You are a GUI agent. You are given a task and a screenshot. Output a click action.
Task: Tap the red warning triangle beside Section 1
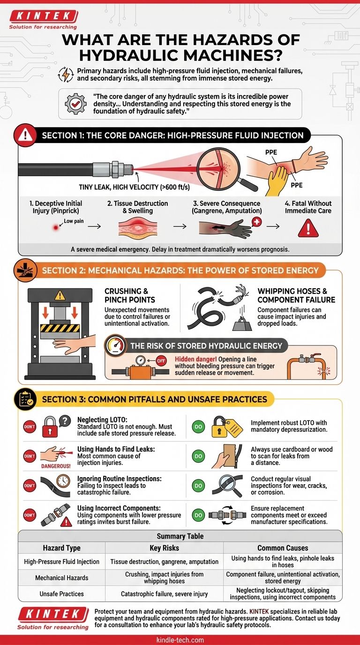25,135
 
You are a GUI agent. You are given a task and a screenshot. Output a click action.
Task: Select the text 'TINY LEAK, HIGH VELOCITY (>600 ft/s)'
134,187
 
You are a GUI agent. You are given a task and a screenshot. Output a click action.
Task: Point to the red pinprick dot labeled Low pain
56,227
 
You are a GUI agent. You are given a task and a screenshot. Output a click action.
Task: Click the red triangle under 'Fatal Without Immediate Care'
308,228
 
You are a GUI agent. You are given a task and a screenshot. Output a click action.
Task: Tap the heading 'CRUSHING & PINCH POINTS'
129,295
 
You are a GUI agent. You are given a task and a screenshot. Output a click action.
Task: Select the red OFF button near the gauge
161,360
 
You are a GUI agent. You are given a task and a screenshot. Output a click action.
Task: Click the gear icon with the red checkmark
75,104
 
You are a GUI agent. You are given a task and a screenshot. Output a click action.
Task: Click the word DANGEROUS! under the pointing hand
56,466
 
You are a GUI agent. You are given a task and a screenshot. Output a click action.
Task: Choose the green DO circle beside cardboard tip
198,456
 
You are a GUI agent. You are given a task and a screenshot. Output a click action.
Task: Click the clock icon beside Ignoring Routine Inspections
63,480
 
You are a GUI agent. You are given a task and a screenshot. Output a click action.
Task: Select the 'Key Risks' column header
164,548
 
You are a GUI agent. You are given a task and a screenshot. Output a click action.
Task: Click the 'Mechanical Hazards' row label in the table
61,577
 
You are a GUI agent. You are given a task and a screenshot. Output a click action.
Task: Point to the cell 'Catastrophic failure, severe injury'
164,594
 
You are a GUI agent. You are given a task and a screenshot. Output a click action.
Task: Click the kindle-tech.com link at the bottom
180,640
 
